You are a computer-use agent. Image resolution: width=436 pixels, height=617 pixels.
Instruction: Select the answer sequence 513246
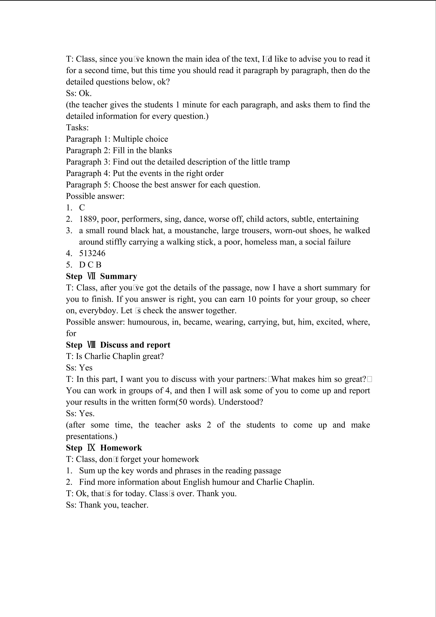(92, 253)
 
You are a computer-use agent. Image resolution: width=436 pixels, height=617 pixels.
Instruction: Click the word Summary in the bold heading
(118, 277)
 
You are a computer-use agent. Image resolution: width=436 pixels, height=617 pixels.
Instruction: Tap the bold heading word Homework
(121, 448)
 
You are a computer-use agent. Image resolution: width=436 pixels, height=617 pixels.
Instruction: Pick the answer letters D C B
(90, 265)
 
